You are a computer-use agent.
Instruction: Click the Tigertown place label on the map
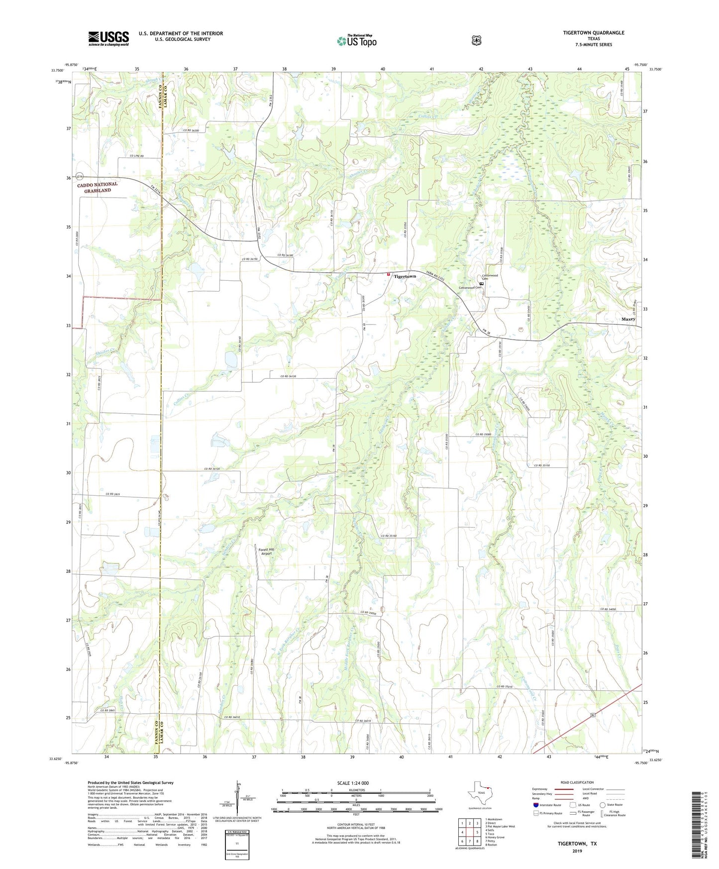405,276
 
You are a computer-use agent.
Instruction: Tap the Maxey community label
627,319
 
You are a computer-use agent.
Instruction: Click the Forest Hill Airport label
266,551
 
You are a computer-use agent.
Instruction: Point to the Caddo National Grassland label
98,187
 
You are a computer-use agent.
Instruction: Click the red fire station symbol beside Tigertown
389,274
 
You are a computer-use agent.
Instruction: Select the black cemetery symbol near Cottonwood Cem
482,284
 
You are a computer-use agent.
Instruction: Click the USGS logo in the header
108,38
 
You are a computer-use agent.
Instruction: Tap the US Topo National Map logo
356,40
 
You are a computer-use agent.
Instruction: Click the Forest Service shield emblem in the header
476,40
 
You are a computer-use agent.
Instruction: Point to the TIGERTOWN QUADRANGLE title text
593,33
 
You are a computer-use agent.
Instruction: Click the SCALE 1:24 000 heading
353,783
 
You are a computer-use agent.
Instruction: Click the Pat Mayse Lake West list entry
500,826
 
